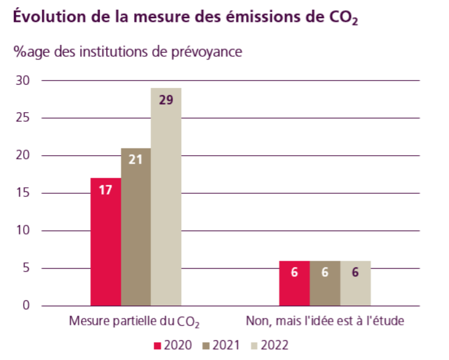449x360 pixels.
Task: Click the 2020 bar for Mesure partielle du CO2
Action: [105, 242]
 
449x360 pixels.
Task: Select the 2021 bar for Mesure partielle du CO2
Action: [136, 227]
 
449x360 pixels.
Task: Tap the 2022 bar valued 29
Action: [166, 197]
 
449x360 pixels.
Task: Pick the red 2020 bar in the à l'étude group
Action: [294, 284]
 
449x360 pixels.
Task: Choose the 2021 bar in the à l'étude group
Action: [325, 284]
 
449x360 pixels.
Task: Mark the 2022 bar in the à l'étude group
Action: [355, 284]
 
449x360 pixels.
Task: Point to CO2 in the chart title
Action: [342, 18]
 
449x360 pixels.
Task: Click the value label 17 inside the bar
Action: [105, 189]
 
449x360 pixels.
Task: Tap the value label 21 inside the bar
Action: [136, 159]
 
